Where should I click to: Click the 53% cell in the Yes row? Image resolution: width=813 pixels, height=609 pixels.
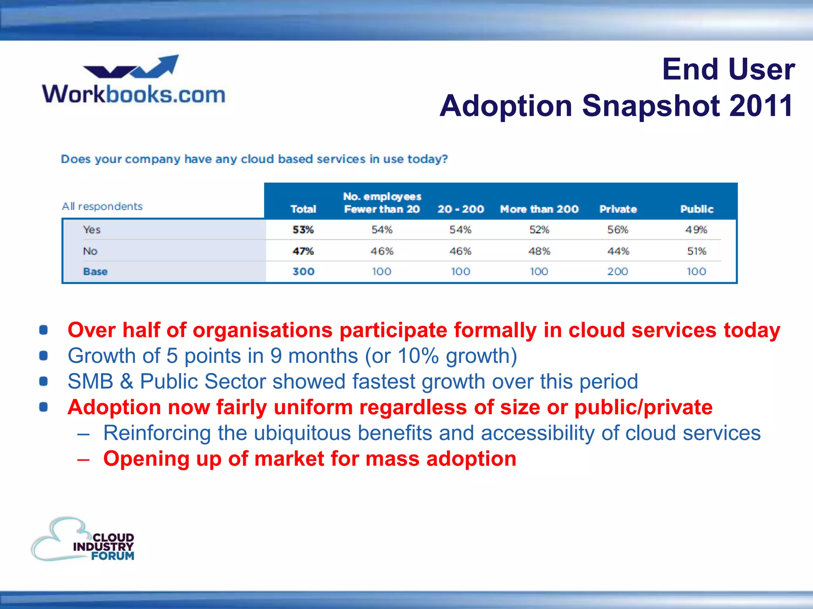(x=303, y=230)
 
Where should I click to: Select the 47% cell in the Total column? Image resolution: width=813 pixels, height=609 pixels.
(x=303, y=251)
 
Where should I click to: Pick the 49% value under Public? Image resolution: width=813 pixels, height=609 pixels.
(x=696, y=230)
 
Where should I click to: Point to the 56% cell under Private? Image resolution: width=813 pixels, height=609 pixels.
(x=618, y=230)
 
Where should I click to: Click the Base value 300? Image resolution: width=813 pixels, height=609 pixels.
(x=303, y=272)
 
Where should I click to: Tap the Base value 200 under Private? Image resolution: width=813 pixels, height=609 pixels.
(x=618, y=272)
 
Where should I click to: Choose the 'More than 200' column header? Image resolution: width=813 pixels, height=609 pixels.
(x=539, y=209)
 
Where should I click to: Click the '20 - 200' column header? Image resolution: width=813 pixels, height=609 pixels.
(x=460, y=209)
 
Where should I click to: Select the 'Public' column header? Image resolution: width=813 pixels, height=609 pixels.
(x=697, y=209)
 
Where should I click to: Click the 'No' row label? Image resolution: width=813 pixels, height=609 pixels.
(x=90, y=251)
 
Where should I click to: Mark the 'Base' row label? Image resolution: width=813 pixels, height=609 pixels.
(x=95, y=272)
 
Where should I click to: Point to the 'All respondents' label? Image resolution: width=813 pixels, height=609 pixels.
(x=102, y=206)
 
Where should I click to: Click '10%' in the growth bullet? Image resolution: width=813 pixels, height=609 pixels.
(x=418, y=356)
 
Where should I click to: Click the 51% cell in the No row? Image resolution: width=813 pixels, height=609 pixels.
(x=696, y=251)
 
